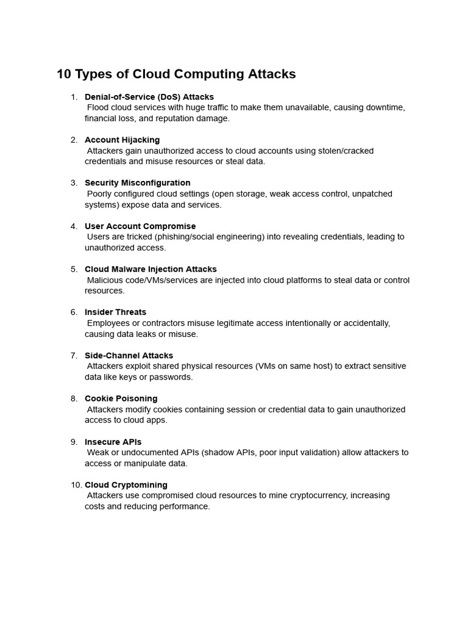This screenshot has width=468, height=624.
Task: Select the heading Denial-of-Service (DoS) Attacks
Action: (x=149, y=97)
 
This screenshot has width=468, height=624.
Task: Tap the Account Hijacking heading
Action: (x=122, y=140)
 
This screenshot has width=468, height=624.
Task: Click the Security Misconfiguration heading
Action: (x=137, y=183)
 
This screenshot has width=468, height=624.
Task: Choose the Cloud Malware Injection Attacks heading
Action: (x=151, y=269)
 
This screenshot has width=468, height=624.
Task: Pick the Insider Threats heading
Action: (x=115, y=312)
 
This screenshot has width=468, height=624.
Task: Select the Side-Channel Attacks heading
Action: (x=129, y=355)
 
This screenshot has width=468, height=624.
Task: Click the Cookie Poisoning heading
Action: (x=121, y=399)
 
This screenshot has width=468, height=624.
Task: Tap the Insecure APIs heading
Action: (x=113, y=442)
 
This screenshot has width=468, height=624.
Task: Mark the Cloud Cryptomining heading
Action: (x=126, y=485)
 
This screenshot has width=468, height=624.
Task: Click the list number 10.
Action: (x=76, y=485)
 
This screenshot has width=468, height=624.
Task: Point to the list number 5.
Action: (x=74, y=269)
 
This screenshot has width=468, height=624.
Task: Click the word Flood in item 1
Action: (x=98, y=107)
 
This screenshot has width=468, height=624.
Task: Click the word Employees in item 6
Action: (x=108, y=323)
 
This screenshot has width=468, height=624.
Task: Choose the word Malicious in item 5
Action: (x=105, y=280)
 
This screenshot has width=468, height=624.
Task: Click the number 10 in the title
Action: (x=64, y=74)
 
